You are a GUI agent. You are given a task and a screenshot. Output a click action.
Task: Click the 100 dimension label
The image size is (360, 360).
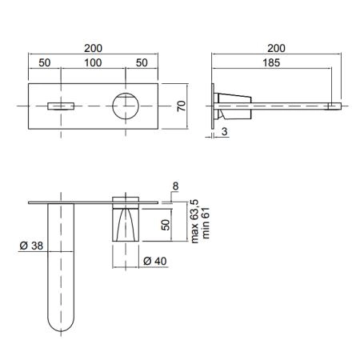click(93, 63)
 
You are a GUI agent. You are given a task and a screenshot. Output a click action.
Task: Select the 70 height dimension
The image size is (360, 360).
click(182, 106)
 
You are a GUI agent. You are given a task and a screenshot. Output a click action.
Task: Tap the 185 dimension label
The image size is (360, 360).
click(271, 63)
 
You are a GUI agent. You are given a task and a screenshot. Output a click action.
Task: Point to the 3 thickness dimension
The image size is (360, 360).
click(225, 131)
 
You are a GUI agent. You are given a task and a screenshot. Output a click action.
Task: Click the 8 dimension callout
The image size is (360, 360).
click(175, 186)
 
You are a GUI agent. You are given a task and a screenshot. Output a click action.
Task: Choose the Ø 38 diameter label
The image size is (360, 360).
click(31, 246)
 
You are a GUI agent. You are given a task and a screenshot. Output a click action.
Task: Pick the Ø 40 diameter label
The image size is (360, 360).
click(155, 261)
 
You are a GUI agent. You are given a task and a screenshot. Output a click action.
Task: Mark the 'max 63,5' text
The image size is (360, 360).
click(194, 221)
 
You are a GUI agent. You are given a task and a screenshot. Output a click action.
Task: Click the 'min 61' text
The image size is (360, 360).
click(206, 223)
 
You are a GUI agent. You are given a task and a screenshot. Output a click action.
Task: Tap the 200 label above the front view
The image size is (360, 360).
click(93, 48)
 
